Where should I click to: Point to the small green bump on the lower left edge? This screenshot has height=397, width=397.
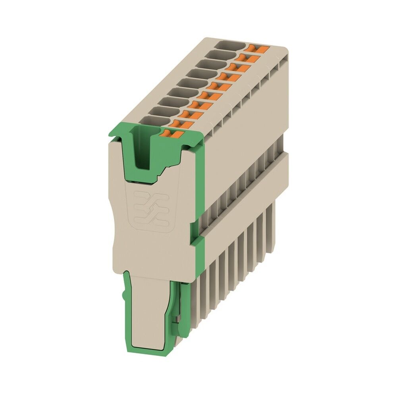click(x=124, y=293)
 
